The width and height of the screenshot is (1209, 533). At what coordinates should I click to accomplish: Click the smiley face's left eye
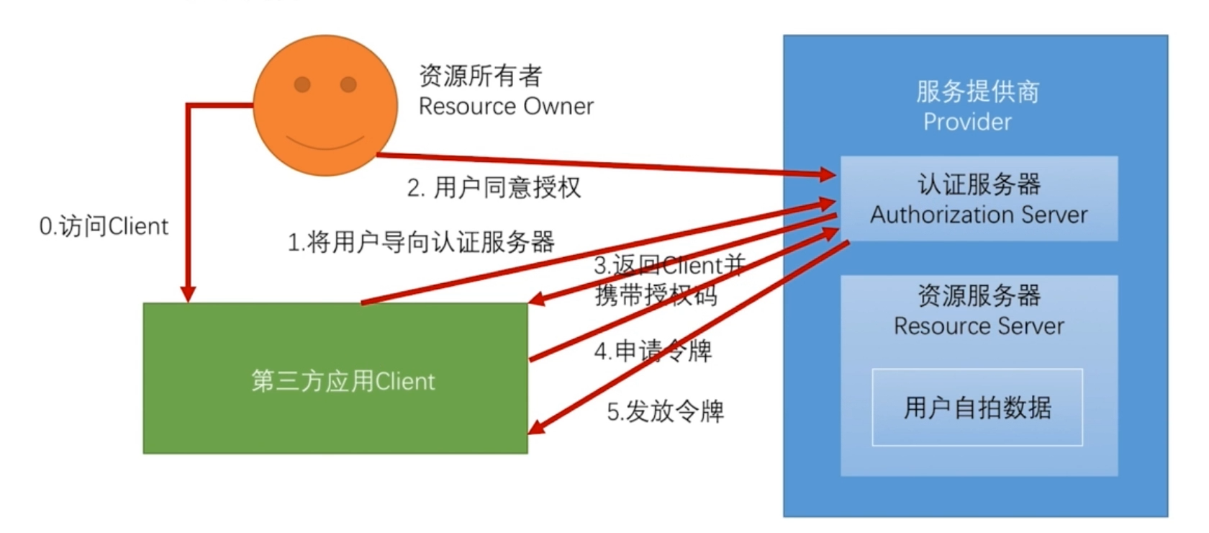tap(302, 85)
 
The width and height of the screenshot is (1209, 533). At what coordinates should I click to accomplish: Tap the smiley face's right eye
tap(348, 85)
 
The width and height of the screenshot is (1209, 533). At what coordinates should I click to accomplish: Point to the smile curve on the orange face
tap(325, 143)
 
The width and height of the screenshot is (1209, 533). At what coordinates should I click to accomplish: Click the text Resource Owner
tap(506, 107)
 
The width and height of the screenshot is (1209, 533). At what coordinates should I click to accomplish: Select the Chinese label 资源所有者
tap(480, 75)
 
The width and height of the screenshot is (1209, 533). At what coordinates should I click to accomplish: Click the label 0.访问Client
tap(104, 226)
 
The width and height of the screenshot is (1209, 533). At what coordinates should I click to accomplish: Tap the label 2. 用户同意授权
tap(494, 187)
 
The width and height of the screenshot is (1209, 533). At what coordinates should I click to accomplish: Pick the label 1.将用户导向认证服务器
tap(421, 242)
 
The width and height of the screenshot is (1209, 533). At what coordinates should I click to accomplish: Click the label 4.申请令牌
tap(653, 351)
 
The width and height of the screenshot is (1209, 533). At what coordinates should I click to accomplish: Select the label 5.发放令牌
tap(665, 411)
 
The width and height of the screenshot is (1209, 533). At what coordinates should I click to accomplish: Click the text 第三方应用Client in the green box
tap(343, 381)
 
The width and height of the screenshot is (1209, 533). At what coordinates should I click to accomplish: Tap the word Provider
tap(967, 122)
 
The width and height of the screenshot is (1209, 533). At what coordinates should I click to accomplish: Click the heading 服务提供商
tap(977, 91)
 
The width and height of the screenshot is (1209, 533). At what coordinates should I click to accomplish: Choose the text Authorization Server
tap(979, 215)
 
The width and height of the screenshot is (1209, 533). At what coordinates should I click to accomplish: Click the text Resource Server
tap(979, 326)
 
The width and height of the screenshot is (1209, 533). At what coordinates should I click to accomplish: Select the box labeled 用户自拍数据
tap(977, 408)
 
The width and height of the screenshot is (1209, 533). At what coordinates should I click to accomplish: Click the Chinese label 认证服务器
tap(979, 184)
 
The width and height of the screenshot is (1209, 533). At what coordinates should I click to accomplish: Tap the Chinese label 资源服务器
tap(979, 295)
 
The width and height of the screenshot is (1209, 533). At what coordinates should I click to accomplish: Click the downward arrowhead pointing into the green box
tap(188, 294)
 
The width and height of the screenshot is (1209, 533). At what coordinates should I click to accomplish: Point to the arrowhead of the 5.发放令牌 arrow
tap(536, 428)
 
